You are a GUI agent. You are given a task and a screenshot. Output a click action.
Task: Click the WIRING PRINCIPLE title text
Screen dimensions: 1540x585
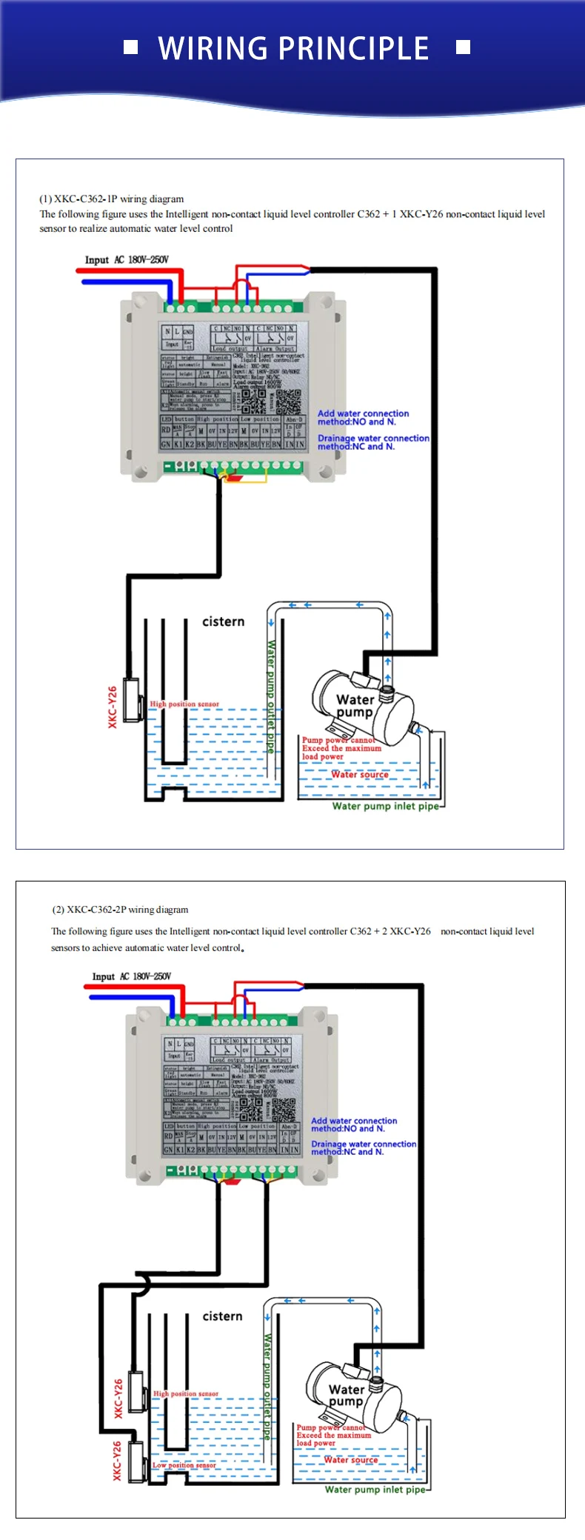coord(293,48)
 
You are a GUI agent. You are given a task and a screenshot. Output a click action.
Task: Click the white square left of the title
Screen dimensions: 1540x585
coord(130,47)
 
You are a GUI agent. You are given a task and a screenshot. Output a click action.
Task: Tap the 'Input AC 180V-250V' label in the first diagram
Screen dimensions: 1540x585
coord(127,259)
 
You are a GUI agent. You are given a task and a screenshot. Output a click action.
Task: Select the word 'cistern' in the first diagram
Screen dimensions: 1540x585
coord(223,621)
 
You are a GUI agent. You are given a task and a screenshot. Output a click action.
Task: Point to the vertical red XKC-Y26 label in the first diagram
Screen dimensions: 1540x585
coord(113,707)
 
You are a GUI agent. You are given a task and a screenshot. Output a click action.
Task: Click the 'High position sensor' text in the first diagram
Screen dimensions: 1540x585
coord(184,704)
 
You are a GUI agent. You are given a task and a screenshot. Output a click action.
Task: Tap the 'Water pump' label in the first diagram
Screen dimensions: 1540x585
coord(355,705)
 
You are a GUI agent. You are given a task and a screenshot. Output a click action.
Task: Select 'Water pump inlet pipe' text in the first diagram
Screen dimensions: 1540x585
coord(385,806)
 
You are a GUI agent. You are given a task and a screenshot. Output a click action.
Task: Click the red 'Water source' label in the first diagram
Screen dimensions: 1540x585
coord(360,774)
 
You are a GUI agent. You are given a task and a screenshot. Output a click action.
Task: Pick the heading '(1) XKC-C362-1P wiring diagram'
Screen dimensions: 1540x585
coord(112,199)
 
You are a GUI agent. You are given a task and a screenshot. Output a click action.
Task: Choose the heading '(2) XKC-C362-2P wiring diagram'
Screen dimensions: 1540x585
coord(120,909)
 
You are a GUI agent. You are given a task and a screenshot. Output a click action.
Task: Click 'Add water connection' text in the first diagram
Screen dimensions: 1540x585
coord(363,413)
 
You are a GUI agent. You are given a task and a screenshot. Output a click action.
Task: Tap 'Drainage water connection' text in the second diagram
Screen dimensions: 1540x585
coord(364,1144)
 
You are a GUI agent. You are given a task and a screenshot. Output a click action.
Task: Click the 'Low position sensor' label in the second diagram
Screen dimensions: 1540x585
coord(184,1464)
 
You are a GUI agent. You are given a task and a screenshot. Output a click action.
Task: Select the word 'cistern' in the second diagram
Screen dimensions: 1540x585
coord(222,1316)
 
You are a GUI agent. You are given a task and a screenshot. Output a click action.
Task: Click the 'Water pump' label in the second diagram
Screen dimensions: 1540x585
coord(346,1395)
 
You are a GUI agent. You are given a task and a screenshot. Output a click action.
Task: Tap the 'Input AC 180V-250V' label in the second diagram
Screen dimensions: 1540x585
coord(132,976)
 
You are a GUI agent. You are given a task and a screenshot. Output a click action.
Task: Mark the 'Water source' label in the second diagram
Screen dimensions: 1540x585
coord(350,1459)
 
